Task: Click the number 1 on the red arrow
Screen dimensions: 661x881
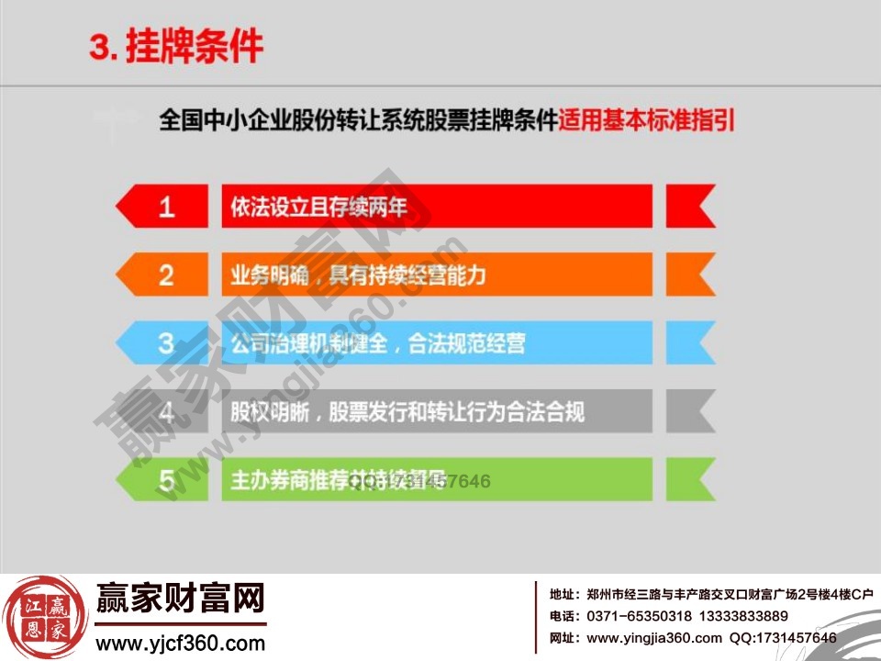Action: pyautogui.click(x=166, y=207)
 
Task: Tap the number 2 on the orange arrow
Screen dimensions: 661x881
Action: pyautogui.click(x=166, y=274)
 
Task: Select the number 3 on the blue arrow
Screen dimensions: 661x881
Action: pyautogui.click(x=166, y=343)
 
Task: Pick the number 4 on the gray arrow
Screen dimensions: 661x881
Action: pyautogui.click(x=166, y=411)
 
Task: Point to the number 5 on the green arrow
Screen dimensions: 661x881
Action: pyautogui.click(x=166, y=479)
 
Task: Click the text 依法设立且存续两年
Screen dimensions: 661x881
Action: pyautogui.click(x=318, y=207)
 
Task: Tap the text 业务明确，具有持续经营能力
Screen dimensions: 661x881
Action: pyautogui.click(x=358, y=274)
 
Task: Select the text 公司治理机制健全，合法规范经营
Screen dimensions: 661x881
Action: pyautogui.click(x=377, y=343)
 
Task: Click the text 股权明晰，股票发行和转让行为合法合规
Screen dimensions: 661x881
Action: pyautogui.click(x=407, y=411)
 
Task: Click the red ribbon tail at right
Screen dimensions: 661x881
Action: pyautogui.click(x=688, y=207)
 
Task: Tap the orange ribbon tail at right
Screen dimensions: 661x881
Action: pyautogui.click(x=688, y=274)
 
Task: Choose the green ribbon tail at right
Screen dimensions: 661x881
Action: pyautogui.click(x=688, y=479)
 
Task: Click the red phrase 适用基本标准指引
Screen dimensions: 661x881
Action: pyautogui.click(x=647, y=120)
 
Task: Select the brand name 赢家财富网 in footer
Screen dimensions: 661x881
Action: pyautogui.click(x=180, y=599)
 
